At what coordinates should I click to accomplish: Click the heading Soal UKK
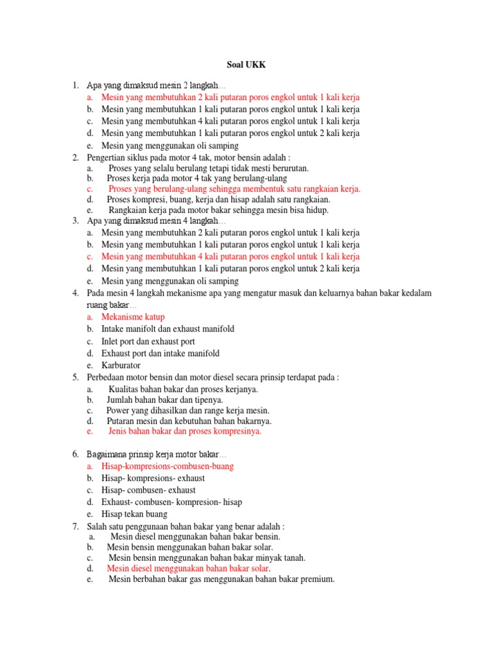click(246, 65)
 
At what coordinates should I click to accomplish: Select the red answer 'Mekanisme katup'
click(133, 316)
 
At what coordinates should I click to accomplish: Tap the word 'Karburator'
click(121, 365)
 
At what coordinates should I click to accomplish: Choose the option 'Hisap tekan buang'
click(134, 514)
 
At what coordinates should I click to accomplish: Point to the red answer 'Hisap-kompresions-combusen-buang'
click(168, 466)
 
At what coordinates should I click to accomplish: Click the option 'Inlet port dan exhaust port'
click(148, 341)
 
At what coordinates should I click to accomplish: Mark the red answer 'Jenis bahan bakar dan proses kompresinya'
click(185, 431)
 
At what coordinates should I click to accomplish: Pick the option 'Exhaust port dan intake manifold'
click(160, 353)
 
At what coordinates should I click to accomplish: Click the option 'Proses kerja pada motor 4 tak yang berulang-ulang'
click(197, 178)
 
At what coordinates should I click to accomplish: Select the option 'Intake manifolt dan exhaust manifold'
click(168, 328)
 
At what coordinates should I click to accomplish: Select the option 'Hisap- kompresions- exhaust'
click(153, 478)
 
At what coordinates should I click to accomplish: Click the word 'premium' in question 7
click(316, 579)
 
